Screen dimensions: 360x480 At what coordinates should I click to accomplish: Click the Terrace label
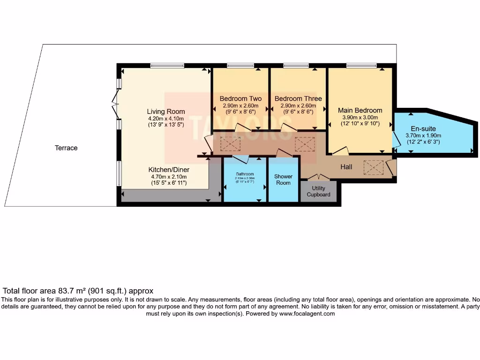point(66,148)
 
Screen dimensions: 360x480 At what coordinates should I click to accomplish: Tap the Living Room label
point(166,112)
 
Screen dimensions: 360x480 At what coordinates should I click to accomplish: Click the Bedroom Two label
point(240,98)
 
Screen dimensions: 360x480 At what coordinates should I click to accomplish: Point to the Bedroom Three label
point(298,98)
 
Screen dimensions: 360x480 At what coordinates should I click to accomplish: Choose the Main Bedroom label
point(360,110)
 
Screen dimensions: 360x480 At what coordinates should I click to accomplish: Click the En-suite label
point(423,128)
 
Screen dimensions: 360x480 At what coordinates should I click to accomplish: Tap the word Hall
point(346,166)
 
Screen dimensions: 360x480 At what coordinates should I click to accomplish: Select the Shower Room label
point(283,180)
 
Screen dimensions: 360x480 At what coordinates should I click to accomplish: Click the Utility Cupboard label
point(319,191)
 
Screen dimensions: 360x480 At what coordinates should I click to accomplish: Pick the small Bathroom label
point(245,173)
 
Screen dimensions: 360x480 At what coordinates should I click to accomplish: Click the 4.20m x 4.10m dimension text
point(166,119)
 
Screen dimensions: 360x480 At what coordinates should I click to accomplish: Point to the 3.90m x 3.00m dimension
point(360,117)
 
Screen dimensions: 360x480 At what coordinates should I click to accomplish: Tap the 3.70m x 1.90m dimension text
point(423,135)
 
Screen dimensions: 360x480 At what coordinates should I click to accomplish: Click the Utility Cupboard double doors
point(318,177)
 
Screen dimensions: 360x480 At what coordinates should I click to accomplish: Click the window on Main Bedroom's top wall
point(361,65)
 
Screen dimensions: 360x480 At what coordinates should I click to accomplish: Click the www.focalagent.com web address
point(307,314)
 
